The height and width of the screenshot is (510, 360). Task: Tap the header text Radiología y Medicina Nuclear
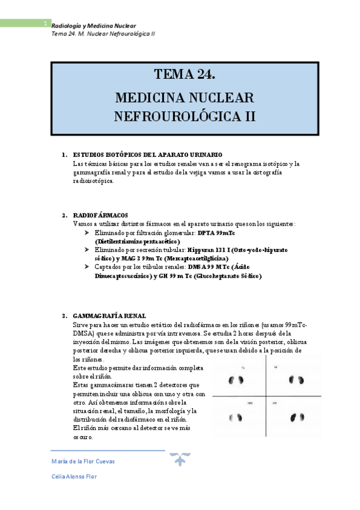(x=94, y=26)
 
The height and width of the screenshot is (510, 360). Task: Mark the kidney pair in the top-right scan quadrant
(x=295, y=379)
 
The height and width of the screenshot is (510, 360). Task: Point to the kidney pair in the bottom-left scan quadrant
(x=236, y=417)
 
